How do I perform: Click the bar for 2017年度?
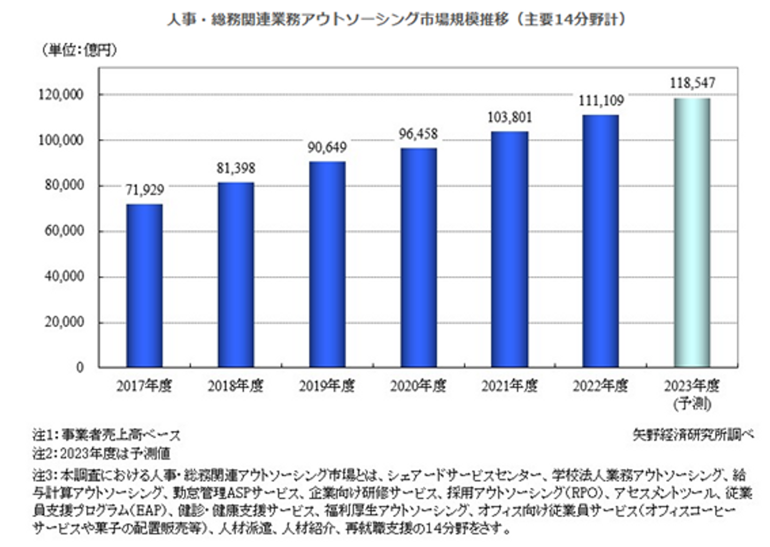(x=144, y=286)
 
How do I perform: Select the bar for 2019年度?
(x=327, y=264)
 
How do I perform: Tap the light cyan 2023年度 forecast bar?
(x=692, y=233)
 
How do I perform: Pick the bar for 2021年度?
(x=510, y=249)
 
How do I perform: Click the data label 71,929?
(x=144, y=190)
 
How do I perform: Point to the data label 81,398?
(x=236, y=168)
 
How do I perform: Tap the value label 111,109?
(x=601, y=101)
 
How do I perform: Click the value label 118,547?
(x=692, y=83)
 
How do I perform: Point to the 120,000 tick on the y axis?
(x=61, y=95)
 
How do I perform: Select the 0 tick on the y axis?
(x=80, y=368)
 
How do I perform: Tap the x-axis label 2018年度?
(x=236, y=386)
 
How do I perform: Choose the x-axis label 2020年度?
(x=418, y=386)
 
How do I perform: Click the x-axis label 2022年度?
(x=600, y=386)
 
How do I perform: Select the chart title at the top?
(x=396, y=19)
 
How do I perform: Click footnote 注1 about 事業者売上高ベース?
(x=106, y=435)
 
